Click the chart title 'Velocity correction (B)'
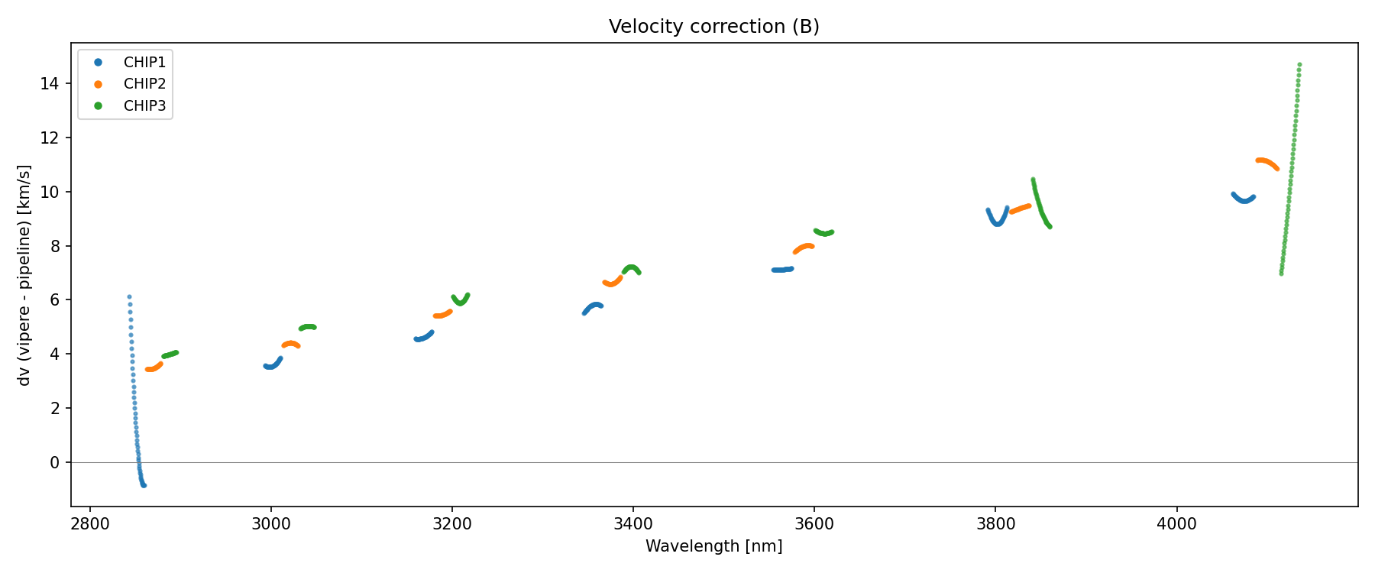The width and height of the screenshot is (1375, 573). (x=713, y=27)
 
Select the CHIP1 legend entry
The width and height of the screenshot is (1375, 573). (x=144, y=62)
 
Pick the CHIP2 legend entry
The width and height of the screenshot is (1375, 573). (x=144, y=84)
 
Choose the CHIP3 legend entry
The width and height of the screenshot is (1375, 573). (x=144, y=106)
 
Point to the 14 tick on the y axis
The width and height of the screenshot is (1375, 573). (x=50, y=83)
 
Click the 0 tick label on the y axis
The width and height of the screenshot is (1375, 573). (x=54, y=462)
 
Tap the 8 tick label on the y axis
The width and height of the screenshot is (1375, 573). (x=54, y=246)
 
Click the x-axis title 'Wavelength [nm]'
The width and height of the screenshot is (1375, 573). (x=713, y=546)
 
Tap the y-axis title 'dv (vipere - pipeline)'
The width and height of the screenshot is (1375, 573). (x=24, y=275)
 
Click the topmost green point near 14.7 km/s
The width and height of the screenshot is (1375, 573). (x=1299, y=65)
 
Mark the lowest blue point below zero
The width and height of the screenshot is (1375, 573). (x=144, y=485)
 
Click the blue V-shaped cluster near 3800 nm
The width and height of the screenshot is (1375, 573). (x=997, y=220)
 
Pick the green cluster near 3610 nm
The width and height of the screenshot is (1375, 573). (x=823, y=232)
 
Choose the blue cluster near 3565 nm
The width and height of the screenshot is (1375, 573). (x=782, y=270)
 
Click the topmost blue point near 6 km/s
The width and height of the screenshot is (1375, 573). (x=129, y=296)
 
